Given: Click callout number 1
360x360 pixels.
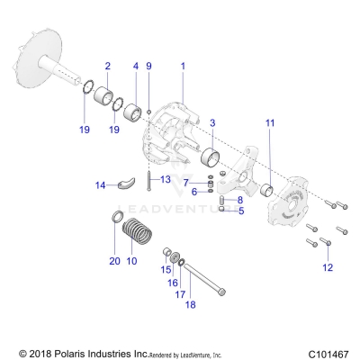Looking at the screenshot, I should (183, 67).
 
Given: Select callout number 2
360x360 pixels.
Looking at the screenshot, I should (108, 67).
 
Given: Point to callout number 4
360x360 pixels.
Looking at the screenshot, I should (136, 67).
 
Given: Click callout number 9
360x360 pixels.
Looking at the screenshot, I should (149, 67).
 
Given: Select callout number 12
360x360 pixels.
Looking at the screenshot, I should (327, 267).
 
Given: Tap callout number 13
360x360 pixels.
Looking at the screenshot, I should (166, 180).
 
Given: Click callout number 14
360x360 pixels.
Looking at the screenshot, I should (101, 185).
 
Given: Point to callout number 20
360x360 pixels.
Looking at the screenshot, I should (114, 261).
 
